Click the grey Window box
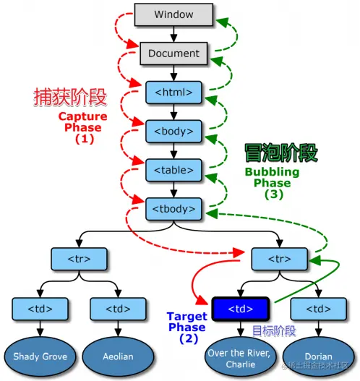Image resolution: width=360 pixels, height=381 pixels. pos(173,14)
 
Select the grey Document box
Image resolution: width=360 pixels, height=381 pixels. pos(173,53)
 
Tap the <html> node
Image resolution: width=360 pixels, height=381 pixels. pos(173,92)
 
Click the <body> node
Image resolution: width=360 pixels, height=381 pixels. pos(173,131)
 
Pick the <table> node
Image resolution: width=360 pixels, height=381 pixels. pos(173,170)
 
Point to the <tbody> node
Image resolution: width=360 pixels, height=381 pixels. pos(173,209)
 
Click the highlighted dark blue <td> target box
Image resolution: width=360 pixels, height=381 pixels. pos(241,309)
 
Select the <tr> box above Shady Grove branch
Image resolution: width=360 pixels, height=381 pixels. pos(80,258)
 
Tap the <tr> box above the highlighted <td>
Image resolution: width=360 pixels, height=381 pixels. pos(279,258)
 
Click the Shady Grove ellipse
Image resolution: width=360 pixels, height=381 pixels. pos(41,356)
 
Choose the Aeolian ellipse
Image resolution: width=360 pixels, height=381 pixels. pos(119,356)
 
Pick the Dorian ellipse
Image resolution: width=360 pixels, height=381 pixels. pos(318,356)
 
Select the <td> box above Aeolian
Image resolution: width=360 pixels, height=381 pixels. pos(119,309)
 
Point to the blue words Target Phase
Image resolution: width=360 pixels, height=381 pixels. pos(187,322)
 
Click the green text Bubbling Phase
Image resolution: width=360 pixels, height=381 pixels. pos(273,177)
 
